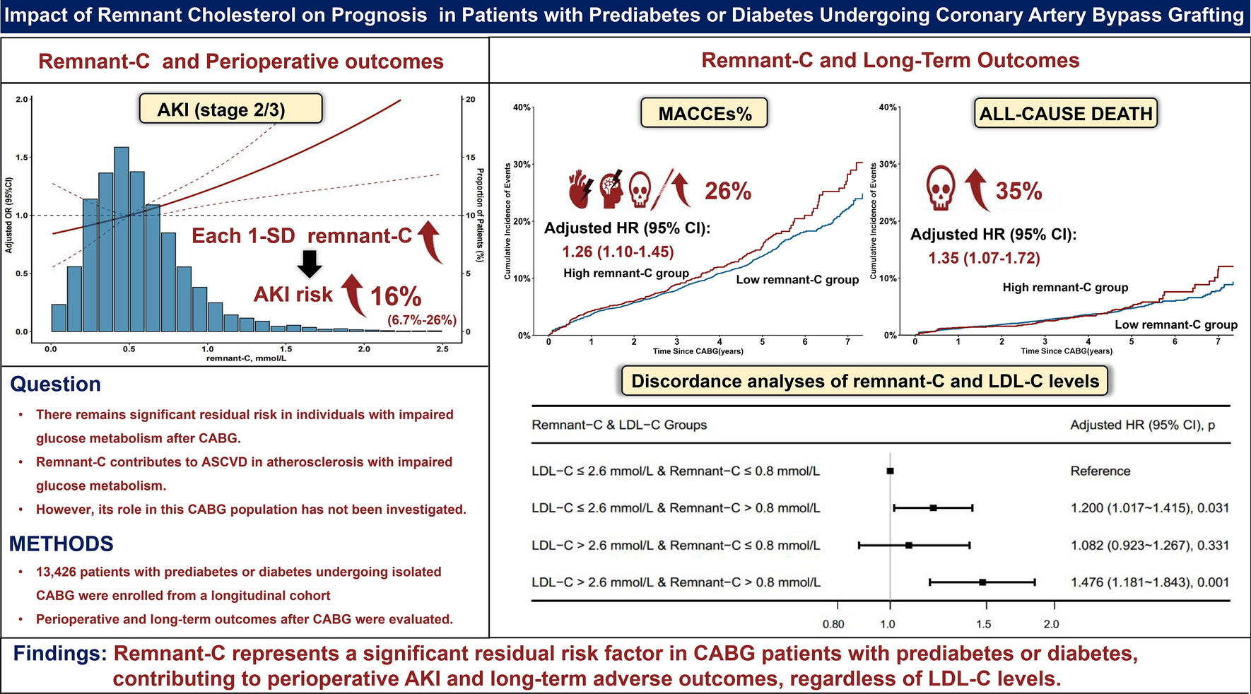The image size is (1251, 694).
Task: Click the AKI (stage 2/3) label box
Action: click(x=230, y=110)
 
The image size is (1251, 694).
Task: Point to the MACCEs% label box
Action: click(x=704, y=113)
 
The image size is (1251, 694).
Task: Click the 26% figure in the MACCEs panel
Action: click(x=727, y=191)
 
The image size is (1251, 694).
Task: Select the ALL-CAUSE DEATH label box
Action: click(x=1066, y=113)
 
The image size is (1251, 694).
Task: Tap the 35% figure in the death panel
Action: click(x=1018, y=191)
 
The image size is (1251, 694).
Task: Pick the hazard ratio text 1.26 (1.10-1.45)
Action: click(x=618, y=252)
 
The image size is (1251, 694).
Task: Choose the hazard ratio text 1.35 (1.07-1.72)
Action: click(x=984, y=258)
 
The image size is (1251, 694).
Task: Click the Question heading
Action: click(x=55, y=384)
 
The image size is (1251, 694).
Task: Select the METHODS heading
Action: click(x=61, y=543)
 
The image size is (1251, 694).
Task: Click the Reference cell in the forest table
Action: click(x=1100, y=471)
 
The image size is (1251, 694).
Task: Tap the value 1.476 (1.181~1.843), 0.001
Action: click(x=1149, y=582)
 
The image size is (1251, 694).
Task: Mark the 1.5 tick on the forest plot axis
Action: click(x=983, y=623)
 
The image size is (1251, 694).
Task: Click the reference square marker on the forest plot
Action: click(x=890, y=471)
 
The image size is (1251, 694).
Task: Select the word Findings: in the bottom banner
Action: click(x=60, y=654)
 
